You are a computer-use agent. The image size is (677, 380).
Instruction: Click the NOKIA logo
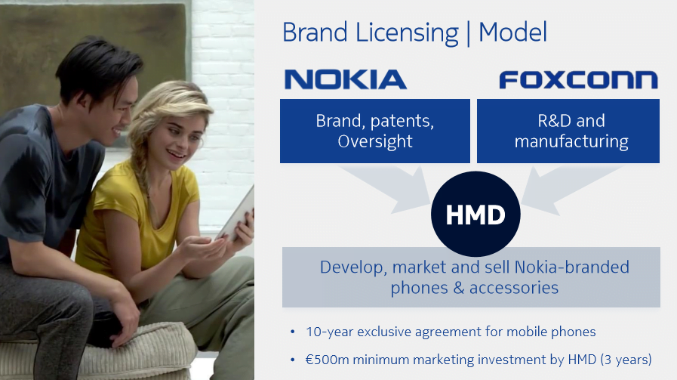click(x=346, y=79)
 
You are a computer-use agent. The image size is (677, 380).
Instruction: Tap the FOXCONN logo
click(x=579, y=80)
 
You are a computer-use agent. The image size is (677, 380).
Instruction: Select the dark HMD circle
click(x=475, y=214)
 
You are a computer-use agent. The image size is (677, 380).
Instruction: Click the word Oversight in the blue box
click(x=375, y=141)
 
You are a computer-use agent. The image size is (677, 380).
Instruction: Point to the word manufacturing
click(x=571, y=141)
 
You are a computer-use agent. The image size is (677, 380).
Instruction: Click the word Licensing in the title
click(x=407, y=33)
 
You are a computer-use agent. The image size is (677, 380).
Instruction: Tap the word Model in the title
click(x=513, y=32)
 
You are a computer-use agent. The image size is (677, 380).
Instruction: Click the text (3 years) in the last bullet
click(x=626, y=360)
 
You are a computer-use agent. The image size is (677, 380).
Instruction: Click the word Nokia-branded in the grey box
click(x=571, y=267)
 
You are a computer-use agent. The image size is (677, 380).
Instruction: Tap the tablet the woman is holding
click(x=235, y=214)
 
